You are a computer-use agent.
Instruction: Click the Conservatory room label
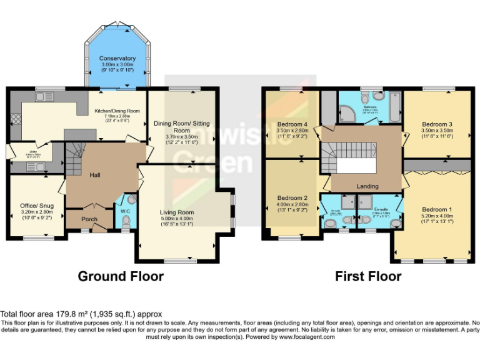point(117,58)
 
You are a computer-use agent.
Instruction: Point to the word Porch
point(90,219)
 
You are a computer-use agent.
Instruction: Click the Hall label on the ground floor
point(95,176)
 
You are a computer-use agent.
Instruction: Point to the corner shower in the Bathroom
point(346,112)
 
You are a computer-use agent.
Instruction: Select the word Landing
point(367,186)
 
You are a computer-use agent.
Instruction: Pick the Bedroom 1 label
point(434,209)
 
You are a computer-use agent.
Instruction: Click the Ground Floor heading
point(121,276)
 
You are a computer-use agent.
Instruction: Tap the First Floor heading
point(368,276)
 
